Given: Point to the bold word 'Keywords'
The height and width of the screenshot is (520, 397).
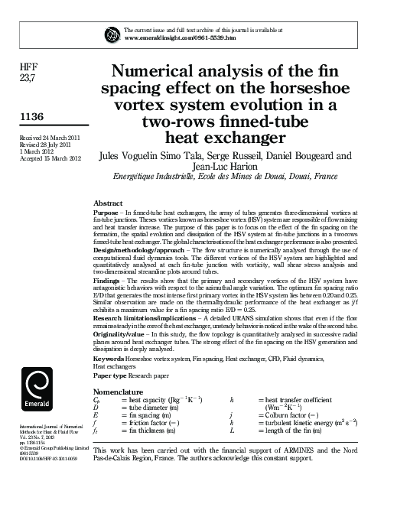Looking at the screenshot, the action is tap(109, 358).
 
